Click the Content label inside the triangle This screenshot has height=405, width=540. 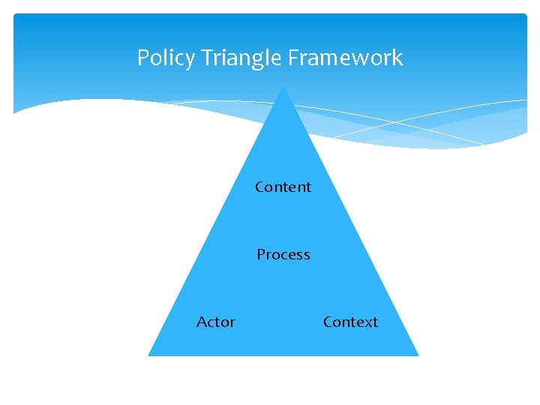[x=283, y=187]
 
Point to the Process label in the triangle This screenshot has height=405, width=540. [x=283, y=254]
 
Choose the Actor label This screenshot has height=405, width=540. [x=216, y=322]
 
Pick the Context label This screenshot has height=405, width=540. [x=350, y=322]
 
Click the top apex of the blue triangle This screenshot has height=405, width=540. [x=283, y=85]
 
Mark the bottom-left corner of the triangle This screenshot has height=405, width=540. [x=150, y=354]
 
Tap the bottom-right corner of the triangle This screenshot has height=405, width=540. [x=416, y=354]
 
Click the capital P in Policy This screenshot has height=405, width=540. [x=143, y=58]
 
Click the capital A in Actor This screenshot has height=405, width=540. [x=202, y=322]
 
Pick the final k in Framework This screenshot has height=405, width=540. [x=397, y=58]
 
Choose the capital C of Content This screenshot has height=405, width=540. [x=259, y=187]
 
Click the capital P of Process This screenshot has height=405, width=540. [x=261, y=254]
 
